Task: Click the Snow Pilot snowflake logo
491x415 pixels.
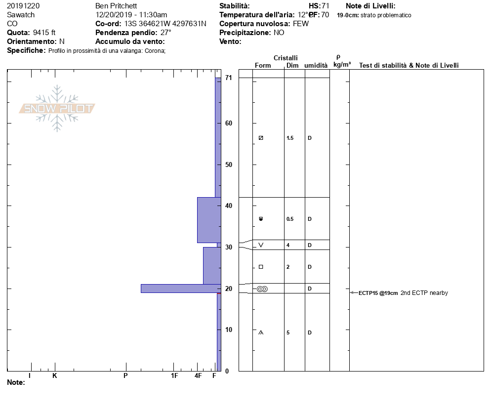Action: coord(57,108)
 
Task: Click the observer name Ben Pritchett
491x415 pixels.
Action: coord(116,6)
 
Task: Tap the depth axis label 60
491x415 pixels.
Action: coord(229,123)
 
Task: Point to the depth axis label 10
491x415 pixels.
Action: coord(229,330)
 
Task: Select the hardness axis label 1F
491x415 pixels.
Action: coord(174,375)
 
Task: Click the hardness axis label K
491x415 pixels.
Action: coord(54,375)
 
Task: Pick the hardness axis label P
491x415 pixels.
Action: coord(125,375)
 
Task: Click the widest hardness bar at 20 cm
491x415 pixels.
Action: coord(181,289)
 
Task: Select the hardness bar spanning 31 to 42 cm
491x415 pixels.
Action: coord(209,220)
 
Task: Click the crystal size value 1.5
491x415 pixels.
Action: coord(290,138)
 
